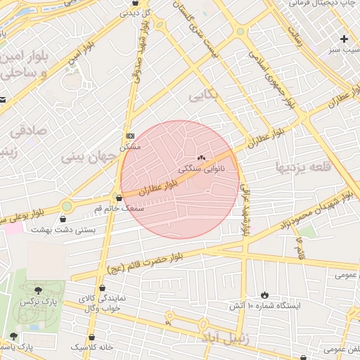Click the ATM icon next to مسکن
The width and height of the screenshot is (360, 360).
click(x=130, y=136)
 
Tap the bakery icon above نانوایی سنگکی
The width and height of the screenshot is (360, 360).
click(x=202, y=158)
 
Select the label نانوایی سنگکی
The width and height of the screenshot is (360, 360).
click(x=202, y=169)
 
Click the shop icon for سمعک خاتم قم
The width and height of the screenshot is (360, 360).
click(x=117, y=198)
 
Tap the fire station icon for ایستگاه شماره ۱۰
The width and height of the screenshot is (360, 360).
click(x=264, y=295)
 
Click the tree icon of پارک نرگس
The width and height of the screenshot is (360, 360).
click(x=37, y=290)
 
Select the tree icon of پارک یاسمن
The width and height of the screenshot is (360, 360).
click(x=13, y=336)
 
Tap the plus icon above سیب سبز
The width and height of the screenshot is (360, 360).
click(x=344, y=39)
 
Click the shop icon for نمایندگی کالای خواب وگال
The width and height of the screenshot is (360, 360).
click(x=103, y=288)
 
